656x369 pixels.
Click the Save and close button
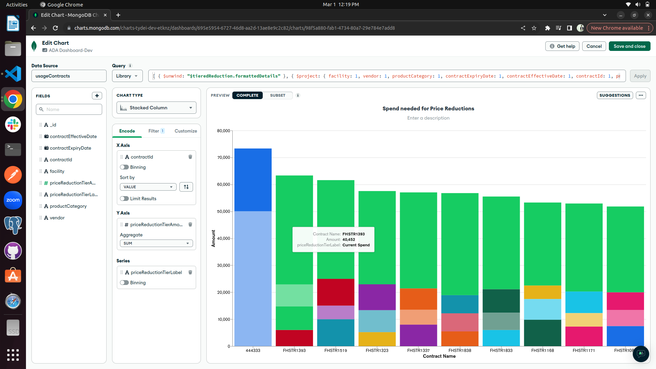pyautogui.click(x=629, y=46)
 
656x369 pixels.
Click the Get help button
pyautogui.click(x=562, y=46)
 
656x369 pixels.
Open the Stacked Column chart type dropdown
pyautogui.click(x=156, y=108)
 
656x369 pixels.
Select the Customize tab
pyautogui.click(x=186, y=131)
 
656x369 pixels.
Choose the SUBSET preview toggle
pyautogui.click(x=277, y=95)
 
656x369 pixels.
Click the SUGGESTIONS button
pyautogui.click(x=614, y=95)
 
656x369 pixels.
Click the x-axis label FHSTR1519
pyautogui.click(x=336, y=350)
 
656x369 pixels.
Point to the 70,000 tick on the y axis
pyautogui.click(x=224, y=158)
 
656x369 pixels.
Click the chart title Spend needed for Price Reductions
pyautogui.click(x=428, y=108)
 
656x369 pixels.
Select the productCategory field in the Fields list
pyautogui.click(x=68, y=206)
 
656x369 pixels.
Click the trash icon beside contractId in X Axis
pyautogui.click(x=190, y=157)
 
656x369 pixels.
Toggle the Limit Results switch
pyautogui.click(x=124, y=199)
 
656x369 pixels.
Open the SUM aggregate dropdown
pyautogui.click(x=156, y=243)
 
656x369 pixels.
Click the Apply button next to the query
pyautogui.click(x=640, y=76)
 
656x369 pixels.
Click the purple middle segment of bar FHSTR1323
pyautogui.click(x=377, y=297)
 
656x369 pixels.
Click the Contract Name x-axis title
pyautogui.click(x=439, y=356)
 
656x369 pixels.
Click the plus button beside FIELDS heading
pyautogui.click(x=97, y=96)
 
